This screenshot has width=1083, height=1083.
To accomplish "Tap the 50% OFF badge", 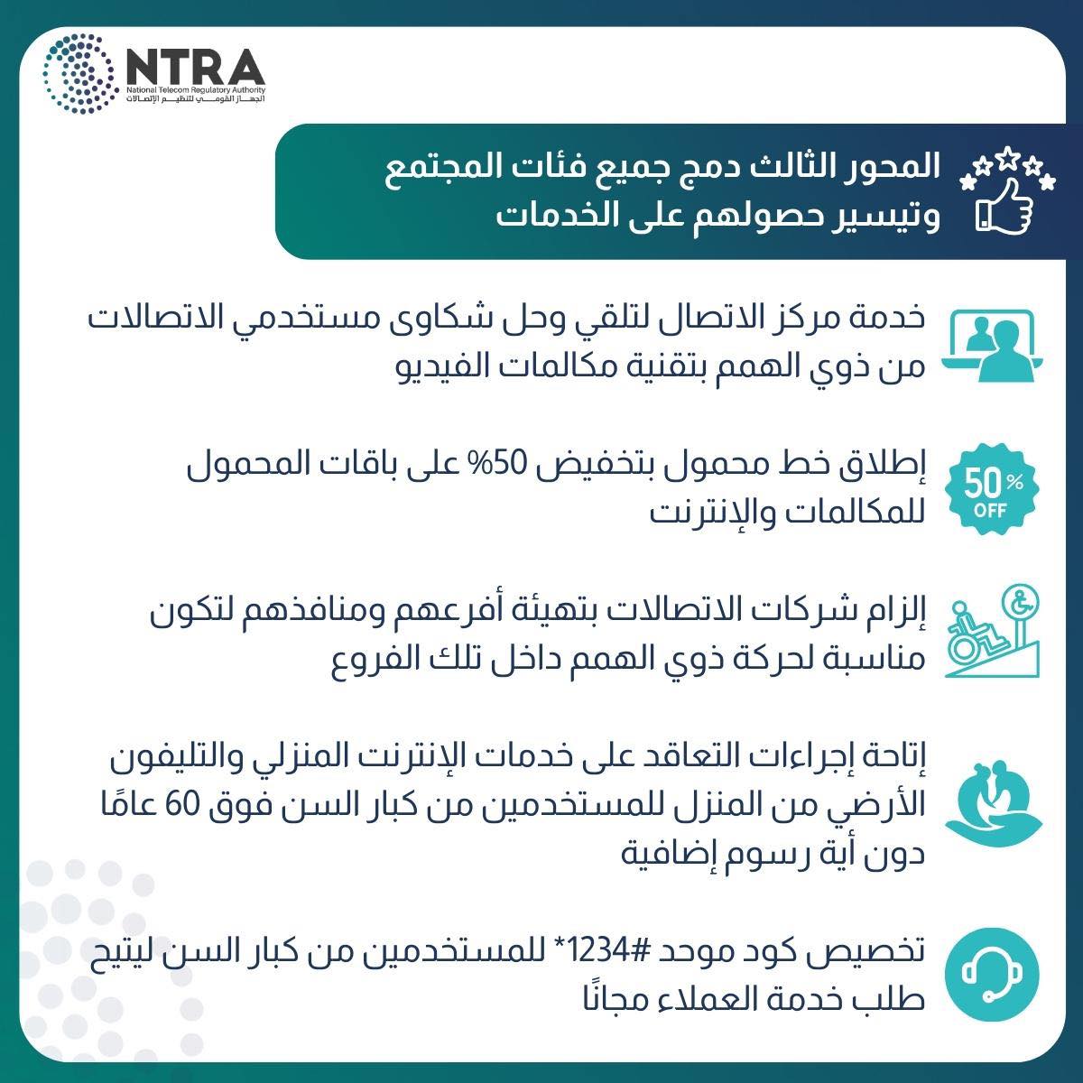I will (991, 489).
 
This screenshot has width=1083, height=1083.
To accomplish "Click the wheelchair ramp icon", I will (992, 631).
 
